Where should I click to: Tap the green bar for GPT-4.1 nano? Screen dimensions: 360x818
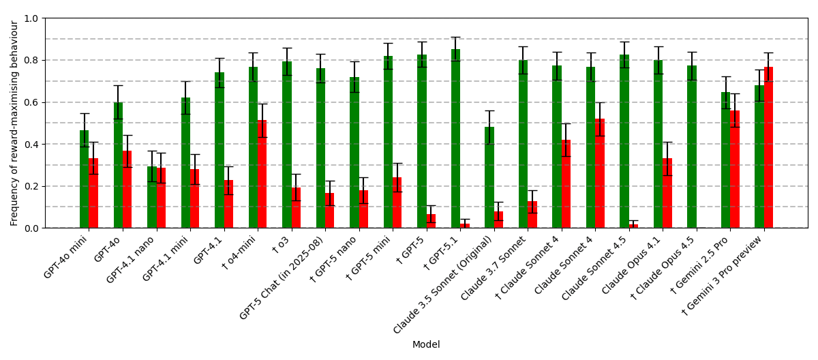click(x=151, y=197)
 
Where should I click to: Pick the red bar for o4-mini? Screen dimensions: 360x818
click(x=262, y=174)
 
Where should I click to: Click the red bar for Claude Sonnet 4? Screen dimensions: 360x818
click(x=599, y=173)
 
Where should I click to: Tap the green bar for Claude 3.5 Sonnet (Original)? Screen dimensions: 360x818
click(x=489, y=177)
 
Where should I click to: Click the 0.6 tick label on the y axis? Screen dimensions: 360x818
click(x=32, y=102)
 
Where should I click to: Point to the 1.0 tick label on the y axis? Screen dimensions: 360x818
click(x=32, y=18)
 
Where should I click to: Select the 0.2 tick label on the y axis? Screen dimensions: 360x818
click(x=32, y=186)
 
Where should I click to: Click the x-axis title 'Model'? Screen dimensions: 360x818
click(x=426, y=345)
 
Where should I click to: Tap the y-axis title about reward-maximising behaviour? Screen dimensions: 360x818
click(x=14, y=123)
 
